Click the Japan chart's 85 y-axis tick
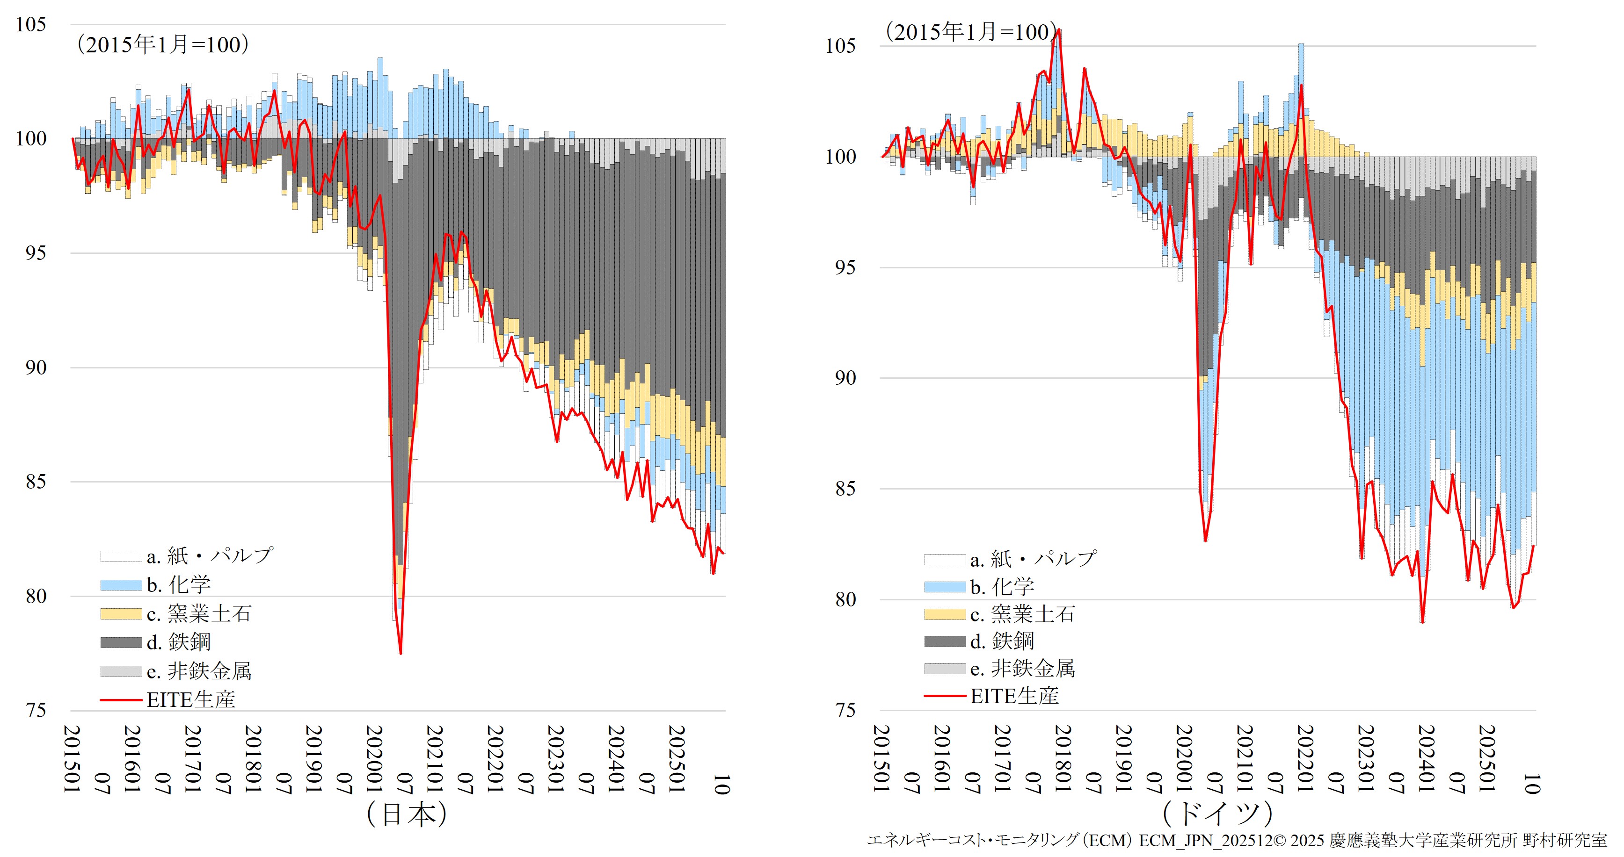point(35,482)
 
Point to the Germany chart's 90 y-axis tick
point(845,378)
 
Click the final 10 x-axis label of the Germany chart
point(1531,784)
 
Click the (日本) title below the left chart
point(407,814)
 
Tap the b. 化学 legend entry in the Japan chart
point(178,584)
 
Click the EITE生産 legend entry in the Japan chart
point(190,699)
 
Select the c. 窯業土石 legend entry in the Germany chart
point(1022,614)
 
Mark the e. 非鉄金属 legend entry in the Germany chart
point(1022,669)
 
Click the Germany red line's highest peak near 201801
point(1059,29)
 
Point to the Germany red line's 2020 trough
point(1205,540)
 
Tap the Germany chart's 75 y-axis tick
point(845,710)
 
